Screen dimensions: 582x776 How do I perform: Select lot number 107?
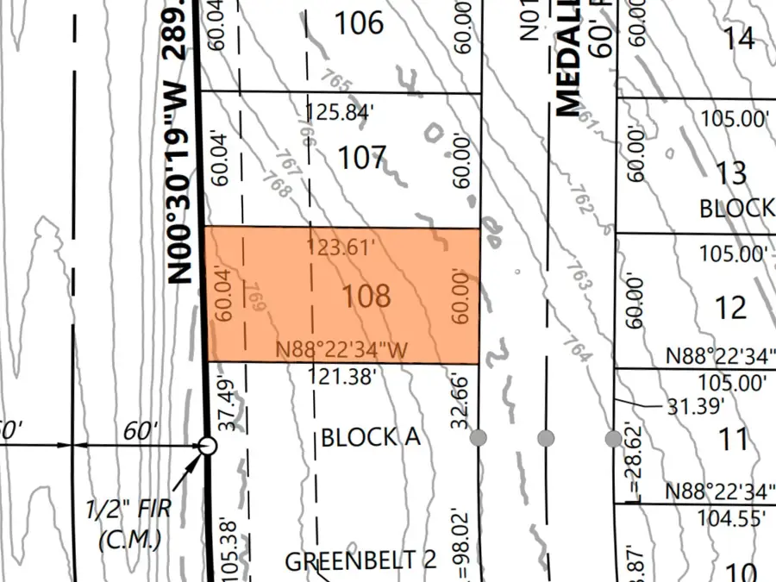click(361, 158)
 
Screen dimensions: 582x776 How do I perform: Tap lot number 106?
click(359, 23)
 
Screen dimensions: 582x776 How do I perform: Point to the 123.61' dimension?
click(341, 248)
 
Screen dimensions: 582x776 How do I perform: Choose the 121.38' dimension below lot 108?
click(342, 375)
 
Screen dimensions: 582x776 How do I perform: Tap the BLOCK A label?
click(370, 437)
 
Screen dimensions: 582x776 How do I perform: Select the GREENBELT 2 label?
click(360, 560)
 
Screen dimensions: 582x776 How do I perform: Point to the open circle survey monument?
click(207, 446)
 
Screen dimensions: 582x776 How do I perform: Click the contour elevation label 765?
click(341, 86)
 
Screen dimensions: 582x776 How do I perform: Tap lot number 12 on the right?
click(731, 307)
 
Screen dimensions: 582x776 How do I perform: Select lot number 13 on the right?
click(731, 173)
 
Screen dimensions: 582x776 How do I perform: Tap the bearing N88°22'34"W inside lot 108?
click(341, 350)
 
